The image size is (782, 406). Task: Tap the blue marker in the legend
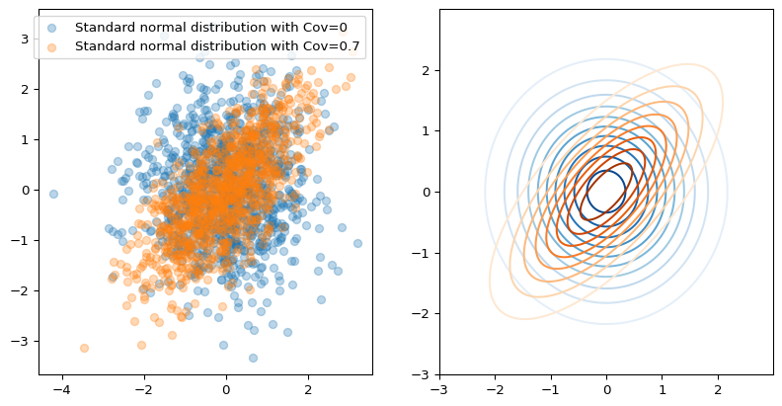[55, 27]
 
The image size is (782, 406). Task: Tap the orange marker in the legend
[55, 45]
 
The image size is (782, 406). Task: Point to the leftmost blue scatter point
[53, 194]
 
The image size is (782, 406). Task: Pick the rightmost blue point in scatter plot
[357, 243]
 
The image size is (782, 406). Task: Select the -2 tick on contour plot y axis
[426, 314]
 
